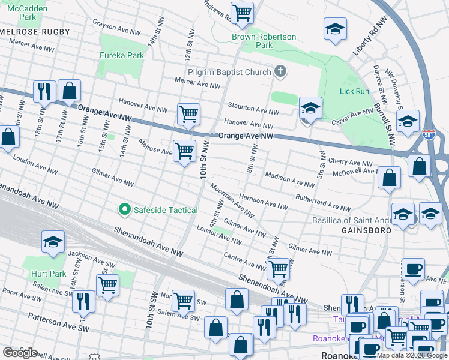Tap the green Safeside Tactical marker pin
(125, 209)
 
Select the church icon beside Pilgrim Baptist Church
(280, 72)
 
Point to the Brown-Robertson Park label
(264, 41)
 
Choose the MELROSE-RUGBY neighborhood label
(35, 31)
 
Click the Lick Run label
(354, 91)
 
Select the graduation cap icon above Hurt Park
(53, 242)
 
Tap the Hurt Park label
(44, 274)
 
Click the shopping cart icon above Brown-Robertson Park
(242, 13)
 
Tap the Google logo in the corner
(20, 353)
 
